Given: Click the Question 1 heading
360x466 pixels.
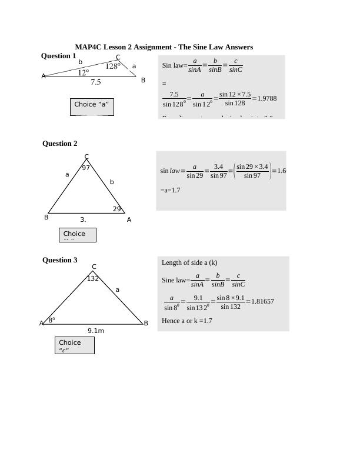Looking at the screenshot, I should [x=58, y=56].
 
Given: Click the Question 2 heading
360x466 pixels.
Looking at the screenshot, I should [x=59, y=144].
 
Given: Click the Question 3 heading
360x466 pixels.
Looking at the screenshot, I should [x=59, y=260].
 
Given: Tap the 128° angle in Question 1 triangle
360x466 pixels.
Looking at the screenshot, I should [x=112, y=66].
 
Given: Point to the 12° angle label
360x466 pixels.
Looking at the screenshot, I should [x=84, y=73].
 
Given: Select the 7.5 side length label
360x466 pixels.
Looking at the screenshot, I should [x=96, y=82].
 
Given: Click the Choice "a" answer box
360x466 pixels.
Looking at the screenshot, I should [x=91, y=106].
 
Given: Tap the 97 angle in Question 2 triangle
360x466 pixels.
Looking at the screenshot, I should [x=86, y=168].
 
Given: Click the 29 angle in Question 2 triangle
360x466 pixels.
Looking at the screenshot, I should [x=117, y=209].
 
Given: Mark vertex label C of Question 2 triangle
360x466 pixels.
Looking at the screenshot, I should [x=86, y=157].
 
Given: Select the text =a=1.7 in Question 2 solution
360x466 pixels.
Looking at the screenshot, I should [x=170, y=190].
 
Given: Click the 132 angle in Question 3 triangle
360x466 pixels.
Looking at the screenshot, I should [x=93, y=278].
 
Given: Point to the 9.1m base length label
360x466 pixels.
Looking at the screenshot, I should [x=96, y=331].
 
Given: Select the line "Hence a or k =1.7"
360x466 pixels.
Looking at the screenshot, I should [x=187, y=321].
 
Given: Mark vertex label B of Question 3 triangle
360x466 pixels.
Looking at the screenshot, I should [x=146, y=323].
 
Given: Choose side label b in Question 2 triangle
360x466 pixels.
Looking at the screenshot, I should [x=112, y=182].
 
